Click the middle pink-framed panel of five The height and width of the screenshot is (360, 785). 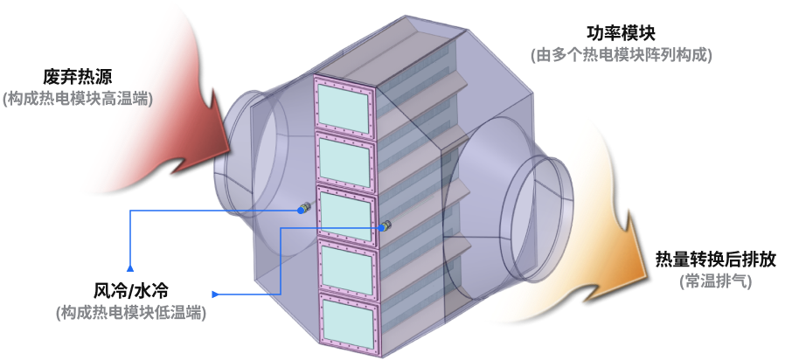347,215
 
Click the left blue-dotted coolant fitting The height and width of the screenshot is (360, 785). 303,207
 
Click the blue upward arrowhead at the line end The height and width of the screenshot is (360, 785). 130,267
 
